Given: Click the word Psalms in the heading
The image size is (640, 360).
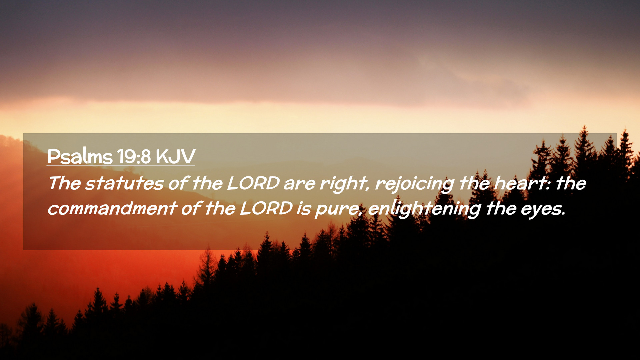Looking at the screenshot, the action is click(80, 156).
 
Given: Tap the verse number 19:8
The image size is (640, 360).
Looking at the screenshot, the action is click(134, 156).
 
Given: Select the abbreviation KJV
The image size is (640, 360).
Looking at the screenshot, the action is click(175, 156).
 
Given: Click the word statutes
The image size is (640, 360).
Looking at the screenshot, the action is click(124, 183).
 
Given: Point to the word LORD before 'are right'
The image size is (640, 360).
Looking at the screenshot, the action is click(253, 183).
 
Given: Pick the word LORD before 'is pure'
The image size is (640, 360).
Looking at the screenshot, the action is click(266, 208).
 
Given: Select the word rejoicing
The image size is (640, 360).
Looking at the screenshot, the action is click(415, 184).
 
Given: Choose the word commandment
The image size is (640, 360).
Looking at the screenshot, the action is click(112, 208).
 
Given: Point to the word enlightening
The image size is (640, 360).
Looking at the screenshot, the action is click(424, 210).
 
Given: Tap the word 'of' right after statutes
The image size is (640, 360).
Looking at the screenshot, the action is click(178, 183).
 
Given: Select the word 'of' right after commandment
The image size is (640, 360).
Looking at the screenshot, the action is click(191, 208).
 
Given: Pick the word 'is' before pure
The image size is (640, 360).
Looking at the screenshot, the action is click(304, 209).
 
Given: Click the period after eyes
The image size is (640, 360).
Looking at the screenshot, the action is click(564, 214).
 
